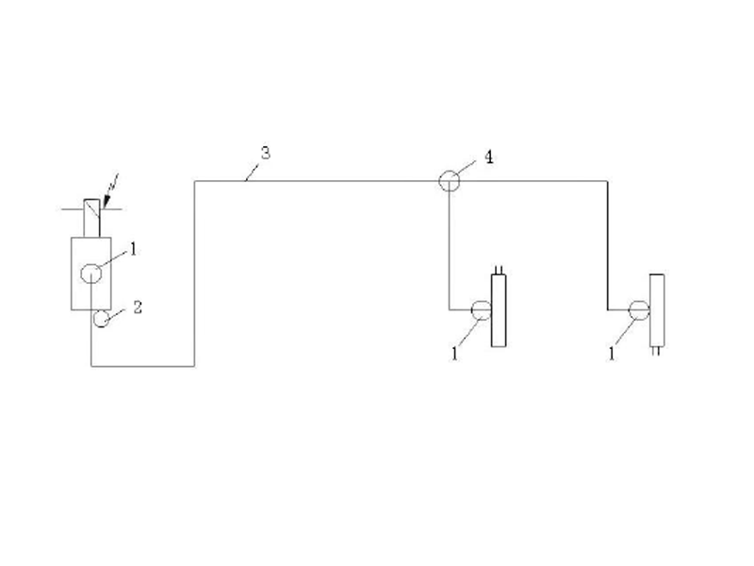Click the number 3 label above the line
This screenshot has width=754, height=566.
tap(266, 153)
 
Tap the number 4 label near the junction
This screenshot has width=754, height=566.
tap(488, 157)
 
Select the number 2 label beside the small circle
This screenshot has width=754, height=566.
tap(138, 308)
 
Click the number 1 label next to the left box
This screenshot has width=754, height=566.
tap(134, 249)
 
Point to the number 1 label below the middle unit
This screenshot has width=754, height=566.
tap(454, 354)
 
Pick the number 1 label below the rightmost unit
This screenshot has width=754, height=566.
tap(612, 354)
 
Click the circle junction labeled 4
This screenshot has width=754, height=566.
tap(450, 181)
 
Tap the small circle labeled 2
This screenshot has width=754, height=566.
tap(101, 319)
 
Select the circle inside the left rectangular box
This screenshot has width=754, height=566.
tap(90, 274)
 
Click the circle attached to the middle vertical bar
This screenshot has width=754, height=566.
tap(481, 310)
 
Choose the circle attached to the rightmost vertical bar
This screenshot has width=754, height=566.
tap(639, 310)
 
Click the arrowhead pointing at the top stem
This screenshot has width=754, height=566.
tap(107, 202)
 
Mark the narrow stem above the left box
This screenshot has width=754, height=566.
tap(91, 218)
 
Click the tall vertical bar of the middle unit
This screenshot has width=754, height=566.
tap(499, 310)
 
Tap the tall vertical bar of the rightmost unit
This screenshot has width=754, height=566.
tap(657, 310)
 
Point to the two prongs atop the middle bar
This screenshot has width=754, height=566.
tap(499, 270)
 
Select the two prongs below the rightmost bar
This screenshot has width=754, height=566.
tap(656, 351)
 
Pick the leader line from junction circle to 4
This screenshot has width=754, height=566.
tap(466, 168)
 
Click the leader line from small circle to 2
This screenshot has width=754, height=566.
tap(115, 314)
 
